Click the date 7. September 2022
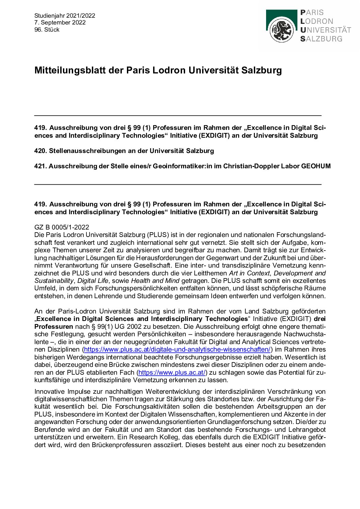tap(60, 22)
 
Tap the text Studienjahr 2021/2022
tap(65, 16)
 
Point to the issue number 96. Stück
tap(47, 30)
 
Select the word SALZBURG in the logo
tap(321, 39)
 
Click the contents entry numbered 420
tap(124, 151)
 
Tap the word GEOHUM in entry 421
tap(316, 166)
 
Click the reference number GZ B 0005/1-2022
tap(62, 227)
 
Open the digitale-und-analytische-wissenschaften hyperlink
tap(177, 349)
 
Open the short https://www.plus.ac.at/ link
tap(172, 372)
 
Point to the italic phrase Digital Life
tap(93, 281)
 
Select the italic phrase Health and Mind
tap(155, 281)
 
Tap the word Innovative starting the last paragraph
tap(49, 391)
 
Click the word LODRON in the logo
tap(317, 21)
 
